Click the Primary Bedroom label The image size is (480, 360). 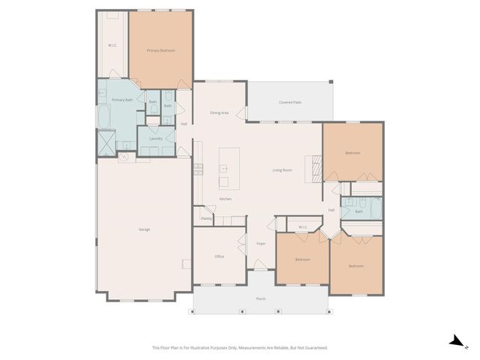160,50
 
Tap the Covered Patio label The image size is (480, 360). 290,102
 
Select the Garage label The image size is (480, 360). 143,229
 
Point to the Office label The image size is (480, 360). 220,256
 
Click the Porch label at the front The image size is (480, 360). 261,298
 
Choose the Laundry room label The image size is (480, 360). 156,139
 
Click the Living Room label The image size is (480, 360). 282,170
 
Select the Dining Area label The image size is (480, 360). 220,112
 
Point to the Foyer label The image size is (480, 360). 261,244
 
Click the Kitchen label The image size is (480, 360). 225,199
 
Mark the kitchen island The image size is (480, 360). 229,168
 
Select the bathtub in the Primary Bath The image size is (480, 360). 103,116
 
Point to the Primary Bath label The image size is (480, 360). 121,100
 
